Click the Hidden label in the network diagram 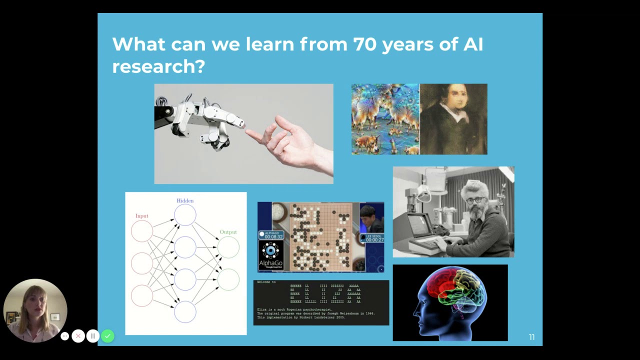point(185,200)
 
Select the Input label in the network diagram point(141,216)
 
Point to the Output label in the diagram point(228,232)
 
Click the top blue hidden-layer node point(185,215)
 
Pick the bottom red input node point(142,295)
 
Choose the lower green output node point(228,279)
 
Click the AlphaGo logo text point(270,263)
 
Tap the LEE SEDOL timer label point(374,236)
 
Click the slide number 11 point(531,337)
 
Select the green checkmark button point(107,336)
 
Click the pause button point(92,336)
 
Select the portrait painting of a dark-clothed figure point(453,119)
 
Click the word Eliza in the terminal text point(262,309)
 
